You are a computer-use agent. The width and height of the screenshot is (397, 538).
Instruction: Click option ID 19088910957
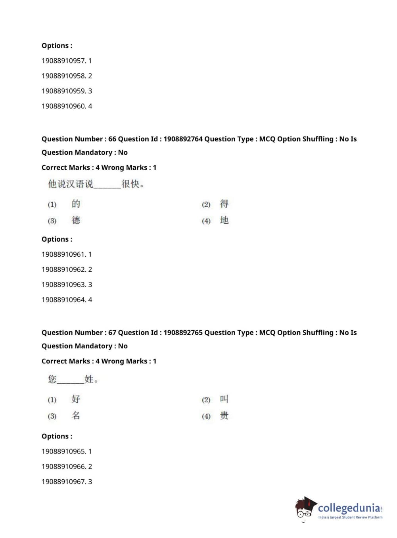(x=63, y=61)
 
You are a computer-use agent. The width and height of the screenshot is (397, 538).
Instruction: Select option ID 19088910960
(x=63, y=106)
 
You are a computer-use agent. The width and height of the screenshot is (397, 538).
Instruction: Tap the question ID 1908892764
(x=183, y=139)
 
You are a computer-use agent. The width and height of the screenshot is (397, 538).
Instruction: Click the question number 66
(x=112, y=139)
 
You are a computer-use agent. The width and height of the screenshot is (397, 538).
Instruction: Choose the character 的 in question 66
(x=76, y=204)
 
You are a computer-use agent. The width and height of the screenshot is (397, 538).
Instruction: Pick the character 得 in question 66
(x=224, y=204)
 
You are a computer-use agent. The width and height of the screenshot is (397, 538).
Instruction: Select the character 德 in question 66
(x=76, y=220)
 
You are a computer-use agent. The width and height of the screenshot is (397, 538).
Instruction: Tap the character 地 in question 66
(x=224, y=220)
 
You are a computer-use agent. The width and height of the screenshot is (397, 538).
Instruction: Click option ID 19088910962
(x=63, y=269)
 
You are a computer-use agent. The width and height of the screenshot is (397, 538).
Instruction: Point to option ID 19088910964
(x=63, y=300)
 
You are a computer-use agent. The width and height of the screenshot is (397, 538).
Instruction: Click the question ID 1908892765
(x=183, y=332)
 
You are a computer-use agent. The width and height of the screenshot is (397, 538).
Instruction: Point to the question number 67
(x=112, y=332)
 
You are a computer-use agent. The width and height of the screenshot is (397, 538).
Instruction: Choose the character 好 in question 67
(x=76, y=399)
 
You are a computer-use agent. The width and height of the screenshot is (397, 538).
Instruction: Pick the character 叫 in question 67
(x=224, y=399)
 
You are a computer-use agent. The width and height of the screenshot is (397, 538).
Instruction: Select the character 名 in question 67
(x=76, y=416)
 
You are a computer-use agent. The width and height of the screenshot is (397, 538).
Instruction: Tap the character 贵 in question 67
(x=224, y=416)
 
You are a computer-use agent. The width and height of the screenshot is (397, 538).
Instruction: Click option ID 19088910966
(x=63, y=466)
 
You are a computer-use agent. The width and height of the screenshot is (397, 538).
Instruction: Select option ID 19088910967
(x=63, y=481)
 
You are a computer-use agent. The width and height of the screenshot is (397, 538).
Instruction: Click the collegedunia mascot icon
(x=305, y=508)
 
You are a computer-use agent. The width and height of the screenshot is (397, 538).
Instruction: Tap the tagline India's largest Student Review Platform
(x=350, y=517)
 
